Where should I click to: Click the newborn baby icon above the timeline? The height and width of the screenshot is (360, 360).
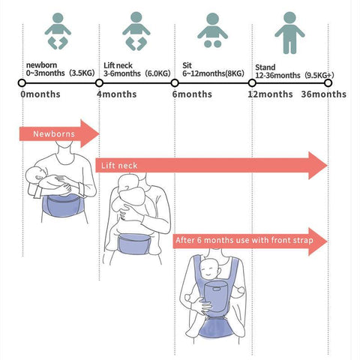pos(58,31)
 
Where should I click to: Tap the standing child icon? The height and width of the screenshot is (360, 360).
pos(289,32)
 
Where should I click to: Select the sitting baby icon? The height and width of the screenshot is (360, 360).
pos(212,30)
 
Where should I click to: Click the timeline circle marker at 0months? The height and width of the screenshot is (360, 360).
pos(22,82)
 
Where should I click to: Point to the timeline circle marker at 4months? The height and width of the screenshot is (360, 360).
pos(99,82)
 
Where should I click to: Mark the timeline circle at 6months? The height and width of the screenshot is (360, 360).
pos(175,82)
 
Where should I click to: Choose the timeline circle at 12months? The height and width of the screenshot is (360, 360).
pos(252,82)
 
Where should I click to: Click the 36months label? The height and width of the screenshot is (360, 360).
pos(324,94)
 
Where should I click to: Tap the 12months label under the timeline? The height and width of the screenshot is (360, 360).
pos(270,94)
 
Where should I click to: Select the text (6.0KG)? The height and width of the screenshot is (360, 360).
pos(157,73)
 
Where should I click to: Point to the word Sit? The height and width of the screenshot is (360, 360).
pos(187,65)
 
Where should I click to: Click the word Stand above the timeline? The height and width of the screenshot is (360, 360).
pos(265,67)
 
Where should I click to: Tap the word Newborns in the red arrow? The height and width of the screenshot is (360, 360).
pos(54,134)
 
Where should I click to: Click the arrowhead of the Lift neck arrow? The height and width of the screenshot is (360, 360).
pos(318,165)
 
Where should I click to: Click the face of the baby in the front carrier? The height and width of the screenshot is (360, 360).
pos(210,270)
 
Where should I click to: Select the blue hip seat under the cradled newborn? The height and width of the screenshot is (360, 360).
pos(62,205)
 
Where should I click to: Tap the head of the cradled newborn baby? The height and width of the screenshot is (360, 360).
pos(36,175)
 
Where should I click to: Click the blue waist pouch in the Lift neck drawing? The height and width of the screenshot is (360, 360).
pos(134,244)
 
